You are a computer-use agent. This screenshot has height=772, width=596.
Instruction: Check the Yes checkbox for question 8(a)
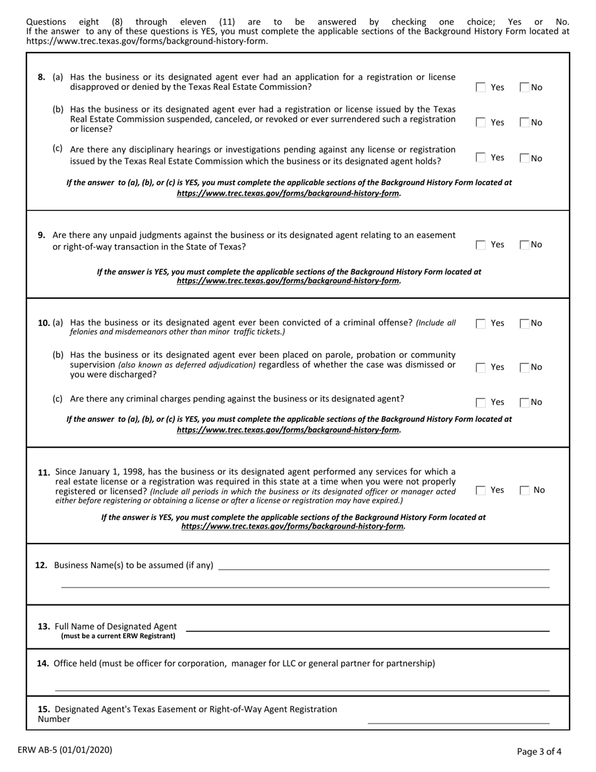(481, 88)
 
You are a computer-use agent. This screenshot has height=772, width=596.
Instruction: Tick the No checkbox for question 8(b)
(525, 123)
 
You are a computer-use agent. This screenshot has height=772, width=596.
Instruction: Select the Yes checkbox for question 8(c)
(481, 158)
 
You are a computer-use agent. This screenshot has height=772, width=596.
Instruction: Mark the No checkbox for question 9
(525, 245)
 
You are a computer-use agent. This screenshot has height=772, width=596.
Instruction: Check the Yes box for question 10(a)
(481, 324)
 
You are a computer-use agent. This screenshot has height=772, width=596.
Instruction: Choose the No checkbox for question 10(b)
(525, 367)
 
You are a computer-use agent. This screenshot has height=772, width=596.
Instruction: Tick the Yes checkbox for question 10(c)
(481, 402)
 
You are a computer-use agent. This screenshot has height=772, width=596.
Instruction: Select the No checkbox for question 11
(525, 490)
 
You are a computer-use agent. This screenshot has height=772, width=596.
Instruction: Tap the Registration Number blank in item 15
(458, 719)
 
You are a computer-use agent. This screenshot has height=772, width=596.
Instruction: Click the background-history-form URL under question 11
(293, 527)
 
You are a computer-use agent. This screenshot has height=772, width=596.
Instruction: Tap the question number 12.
(41, 566)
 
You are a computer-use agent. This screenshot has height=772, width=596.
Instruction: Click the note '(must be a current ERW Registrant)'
(118, 636)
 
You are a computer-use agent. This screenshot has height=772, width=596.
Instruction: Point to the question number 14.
(43, 663)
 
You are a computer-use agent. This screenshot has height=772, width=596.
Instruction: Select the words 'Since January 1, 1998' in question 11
(96, 471)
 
